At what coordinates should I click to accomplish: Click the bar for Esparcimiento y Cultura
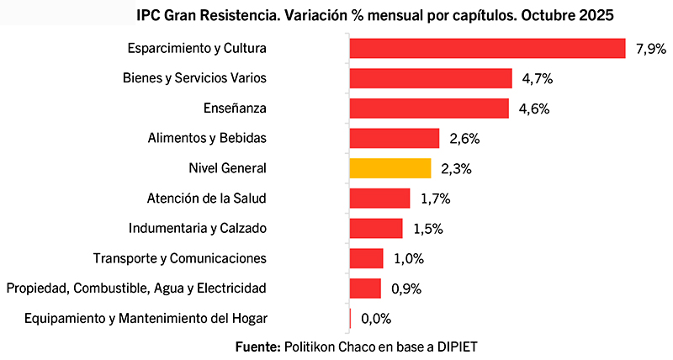point(487,48)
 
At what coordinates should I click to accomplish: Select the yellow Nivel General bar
point(390,168)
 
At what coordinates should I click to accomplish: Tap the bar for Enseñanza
point(429,109)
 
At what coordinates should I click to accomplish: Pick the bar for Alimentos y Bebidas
point(395,138)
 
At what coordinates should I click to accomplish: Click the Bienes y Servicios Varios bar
point(431,78)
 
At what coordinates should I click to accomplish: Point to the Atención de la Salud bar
point(379,199)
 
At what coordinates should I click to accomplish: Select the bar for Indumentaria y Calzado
point(376,229)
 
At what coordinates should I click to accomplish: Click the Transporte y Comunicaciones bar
point(367,258)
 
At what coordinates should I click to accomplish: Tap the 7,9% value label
point(650,49)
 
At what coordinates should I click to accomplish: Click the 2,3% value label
point(456,169)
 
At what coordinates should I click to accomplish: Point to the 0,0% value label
point(376,319)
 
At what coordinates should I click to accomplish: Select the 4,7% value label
point(537,79)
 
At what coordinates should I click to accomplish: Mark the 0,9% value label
point(405,289)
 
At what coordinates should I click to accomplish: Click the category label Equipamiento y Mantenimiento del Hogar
point(146,319)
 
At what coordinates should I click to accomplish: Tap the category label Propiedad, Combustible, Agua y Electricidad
point(136,289)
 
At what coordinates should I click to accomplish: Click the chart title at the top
point(374,15)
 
